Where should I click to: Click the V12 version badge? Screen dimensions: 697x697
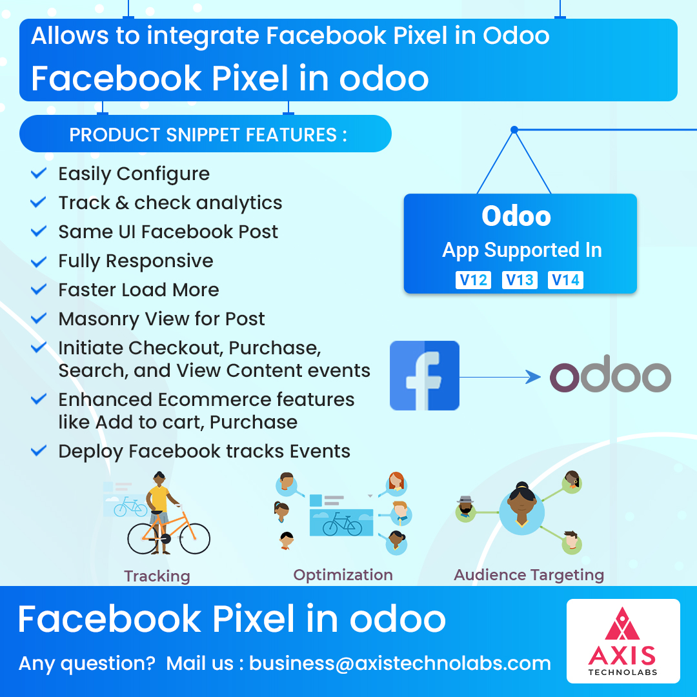click(x=473, y=280)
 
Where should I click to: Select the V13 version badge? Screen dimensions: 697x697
click(x=520, y=280)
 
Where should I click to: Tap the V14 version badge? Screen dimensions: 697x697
click(x=565, y=280)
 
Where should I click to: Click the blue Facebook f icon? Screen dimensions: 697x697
click(x=425, y=376)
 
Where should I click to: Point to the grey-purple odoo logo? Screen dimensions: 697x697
click(x=611, y=374)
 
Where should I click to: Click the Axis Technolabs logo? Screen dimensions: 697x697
click(x=623, y=641)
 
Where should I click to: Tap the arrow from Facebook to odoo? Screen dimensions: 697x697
click(x=500, y=377)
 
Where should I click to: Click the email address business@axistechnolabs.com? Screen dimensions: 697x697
click(x=399, y=663)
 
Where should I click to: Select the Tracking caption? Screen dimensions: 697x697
click(x=157, y=576)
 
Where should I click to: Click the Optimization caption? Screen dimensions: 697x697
click(x=343, y=575)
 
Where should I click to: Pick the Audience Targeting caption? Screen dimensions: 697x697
click(x=529, y=575)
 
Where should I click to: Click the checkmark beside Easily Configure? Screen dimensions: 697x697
click(x=39, y=173)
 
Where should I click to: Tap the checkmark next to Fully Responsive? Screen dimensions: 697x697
click(x=39, y=261)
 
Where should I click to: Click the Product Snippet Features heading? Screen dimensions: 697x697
click(x=208, y=134)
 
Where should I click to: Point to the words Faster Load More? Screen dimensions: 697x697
click(x=139, y=290)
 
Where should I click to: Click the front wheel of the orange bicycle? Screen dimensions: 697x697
click(x=195, y=539)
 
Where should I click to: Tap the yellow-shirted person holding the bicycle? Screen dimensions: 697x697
click(x=160, y=511)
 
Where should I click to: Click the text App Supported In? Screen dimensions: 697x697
click(x=522, y=250)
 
